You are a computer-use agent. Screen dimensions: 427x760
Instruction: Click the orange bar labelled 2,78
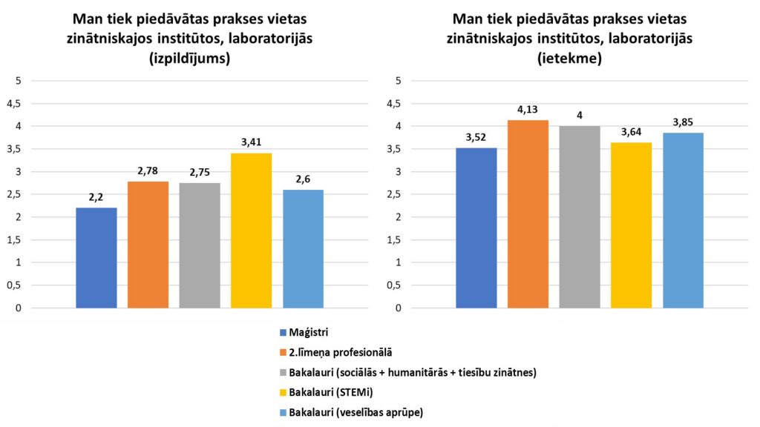pos(148,245)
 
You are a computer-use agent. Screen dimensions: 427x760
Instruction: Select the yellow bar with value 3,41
pos(251,231)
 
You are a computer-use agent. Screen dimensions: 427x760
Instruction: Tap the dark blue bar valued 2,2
pos(96,258)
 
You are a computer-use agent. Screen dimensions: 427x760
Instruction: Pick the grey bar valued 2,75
pos(200,245)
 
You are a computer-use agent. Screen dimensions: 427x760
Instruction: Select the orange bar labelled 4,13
pos(528,214)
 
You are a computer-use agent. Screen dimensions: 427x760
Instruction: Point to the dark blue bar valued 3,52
pos(476,228)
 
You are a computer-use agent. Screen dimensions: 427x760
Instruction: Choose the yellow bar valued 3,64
pos(631,225)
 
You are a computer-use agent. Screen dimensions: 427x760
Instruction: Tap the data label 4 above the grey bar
pos(580,116)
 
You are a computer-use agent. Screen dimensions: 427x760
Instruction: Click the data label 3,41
pos(251,142)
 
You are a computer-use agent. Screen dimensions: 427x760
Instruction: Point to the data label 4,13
pos(528,110)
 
